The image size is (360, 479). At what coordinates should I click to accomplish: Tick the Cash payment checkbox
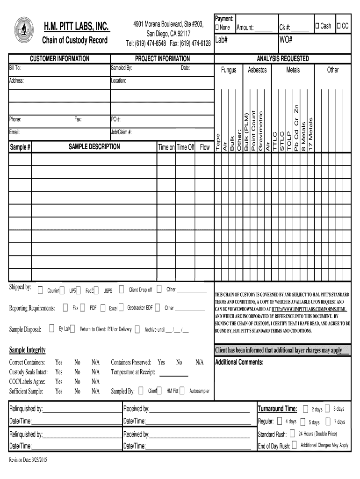[x=317, y=26]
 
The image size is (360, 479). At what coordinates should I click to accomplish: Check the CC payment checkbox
[x=339, y=26]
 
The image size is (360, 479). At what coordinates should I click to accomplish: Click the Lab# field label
[x=221, y=40]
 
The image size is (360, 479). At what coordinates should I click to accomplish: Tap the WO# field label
[x=286, y=40]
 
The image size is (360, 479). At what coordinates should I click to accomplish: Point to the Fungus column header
[x=229, y=70]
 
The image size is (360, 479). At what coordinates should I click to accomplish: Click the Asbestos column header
[x=257, y=70]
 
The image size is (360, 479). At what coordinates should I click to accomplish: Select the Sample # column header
[x=20, y=147]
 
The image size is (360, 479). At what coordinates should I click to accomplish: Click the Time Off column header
[x=185, y=147]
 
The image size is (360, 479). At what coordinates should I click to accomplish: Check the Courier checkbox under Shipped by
[x=40, y=290]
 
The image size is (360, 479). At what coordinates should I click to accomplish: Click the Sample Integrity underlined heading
[x=28, y=350]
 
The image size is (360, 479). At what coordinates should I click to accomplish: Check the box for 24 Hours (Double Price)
[x=292, y=434]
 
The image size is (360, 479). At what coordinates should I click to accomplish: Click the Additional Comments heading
[x=239, y=363]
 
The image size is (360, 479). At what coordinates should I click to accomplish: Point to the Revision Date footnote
[x=28, y=460]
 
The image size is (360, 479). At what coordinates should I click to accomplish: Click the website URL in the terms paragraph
[x=309, y=309]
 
